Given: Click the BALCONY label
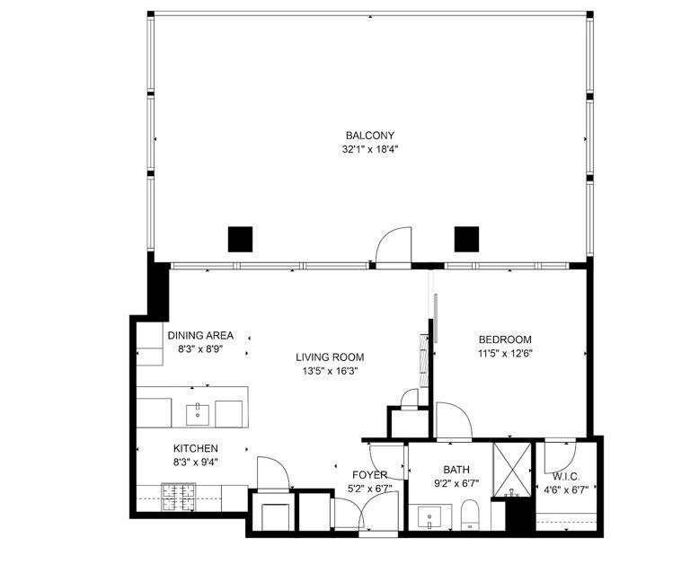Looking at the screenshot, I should [369, 136].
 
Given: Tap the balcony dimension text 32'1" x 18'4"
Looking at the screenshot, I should [369, 150].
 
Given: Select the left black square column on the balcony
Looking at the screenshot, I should [240, 238].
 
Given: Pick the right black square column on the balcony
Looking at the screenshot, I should [466, 238].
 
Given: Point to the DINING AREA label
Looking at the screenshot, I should [200, 336].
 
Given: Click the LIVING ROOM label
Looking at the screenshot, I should [330, 357].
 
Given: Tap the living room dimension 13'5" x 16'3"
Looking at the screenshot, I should [330, 371].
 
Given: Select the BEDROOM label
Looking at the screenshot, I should [504, 339].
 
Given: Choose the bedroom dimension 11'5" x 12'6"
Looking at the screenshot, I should [504, 354].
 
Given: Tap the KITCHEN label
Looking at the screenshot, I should [196, 448].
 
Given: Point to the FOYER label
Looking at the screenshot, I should [369, 474].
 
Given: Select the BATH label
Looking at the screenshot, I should [456, 470].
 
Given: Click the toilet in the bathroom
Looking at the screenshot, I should [469, 516].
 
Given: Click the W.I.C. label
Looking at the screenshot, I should [566, 476].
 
